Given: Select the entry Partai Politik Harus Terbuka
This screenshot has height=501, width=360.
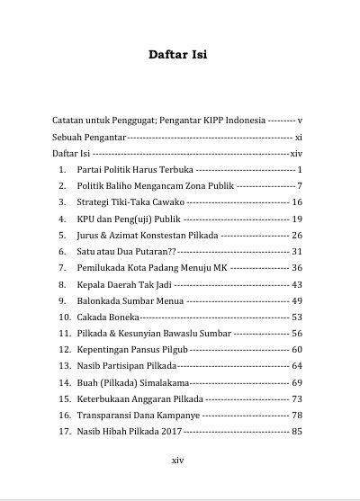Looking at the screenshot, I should (134, 169).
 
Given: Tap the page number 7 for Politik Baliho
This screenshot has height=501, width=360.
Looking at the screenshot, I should (299, 185).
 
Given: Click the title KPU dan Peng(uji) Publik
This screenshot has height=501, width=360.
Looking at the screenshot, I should (129, 219).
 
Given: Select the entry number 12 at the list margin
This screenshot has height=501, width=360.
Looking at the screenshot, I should (65, 349).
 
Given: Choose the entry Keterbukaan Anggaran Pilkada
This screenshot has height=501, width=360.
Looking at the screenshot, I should (139, 398).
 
